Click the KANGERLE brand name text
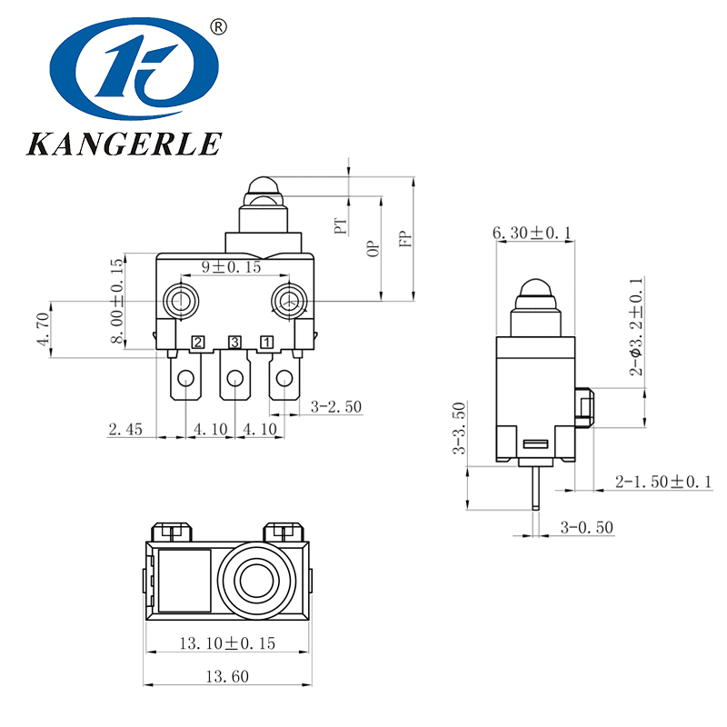click(x=124, y=144)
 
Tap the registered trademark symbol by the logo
click(x=217, y=27)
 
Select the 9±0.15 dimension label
click(x=231, y=267)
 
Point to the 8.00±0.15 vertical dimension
click(x=116, y=301)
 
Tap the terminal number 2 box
click(x=196, y=343)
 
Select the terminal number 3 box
click(x=234, y=343)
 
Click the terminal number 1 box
click(x=267, y=343)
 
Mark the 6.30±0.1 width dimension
click(x=532, y=234)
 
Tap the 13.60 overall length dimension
click(x=226, y=675)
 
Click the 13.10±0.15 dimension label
click(x=227, y=643)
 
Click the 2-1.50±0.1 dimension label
click(x=664, y=480)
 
